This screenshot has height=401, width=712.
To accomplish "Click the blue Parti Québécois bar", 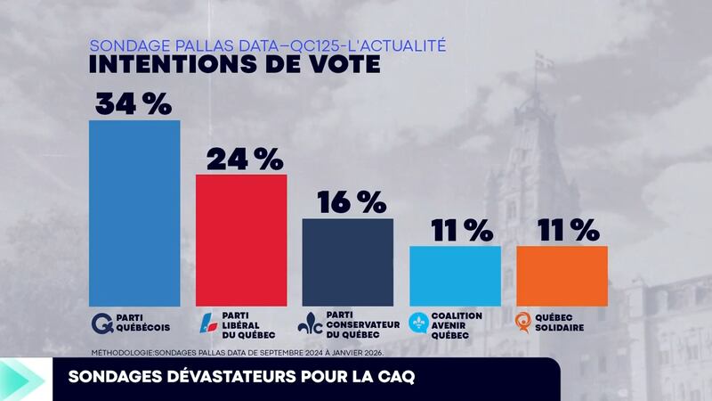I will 134,213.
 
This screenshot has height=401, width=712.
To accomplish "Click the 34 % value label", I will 133,103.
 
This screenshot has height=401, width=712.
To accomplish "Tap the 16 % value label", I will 347,202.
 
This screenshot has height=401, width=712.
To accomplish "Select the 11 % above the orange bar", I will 562,230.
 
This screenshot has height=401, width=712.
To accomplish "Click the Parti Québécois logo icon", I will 101,323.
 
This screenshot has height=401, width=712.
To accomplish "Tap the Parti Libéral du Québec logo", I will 206,323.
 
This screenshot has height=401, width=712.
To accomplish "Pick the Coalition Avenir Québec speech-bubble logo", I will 418,322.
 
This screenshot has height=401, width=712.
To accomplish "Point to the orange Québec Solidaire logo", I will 526,322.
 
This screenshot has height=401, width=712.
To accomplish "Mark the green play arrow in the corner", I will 20,379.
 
